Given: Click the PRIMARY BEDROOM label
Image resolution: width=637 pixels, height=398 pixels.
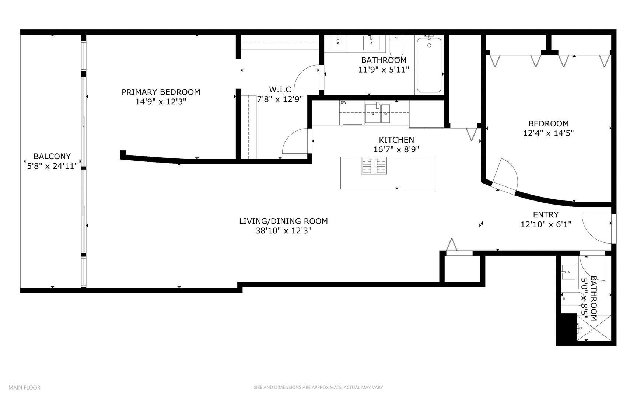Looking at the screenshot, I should click(x=161, y=92).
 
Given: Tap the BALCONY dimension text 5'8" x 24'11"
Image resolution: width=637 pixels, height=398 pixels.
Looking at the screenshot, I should click(x=52, y=166).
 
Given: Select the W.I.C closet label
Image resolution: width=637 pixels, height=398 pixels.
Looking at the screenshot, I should click(x=280, y=90).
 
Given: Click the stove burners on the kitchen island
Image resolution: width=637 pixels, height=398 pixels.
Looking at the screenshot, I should click(x=374, y=165).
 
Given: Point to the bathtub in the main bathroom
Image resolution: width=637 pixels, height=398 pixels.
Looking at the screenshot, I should click(x=429, y=65).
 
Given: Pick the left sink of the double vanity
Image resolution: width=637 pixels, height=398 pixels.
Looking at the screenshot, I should click(x=338, y=43).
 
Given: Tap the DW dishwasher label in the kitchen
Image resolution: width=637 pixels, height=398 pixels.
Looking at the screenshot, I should click(x=343, y=103).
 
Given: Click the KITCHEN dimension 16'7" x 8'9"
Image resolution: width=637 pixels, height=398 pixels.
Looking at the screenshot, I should click(x=396, y=149).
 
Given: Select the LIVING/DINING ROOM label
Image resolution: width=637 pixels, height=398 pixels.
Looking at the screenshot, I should click(x=283, y=221).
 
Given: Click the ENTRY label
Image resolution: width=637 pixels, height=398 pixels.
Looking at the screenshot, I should click(x=546, y=214).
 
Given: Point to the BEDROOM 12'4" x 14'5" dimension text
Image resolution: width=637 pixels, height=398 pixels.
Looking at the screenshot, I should click(x=548, y=133).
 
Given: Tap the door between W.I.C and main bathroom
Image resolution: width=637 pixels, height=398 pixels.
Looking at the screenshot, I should click(x=308, y=77).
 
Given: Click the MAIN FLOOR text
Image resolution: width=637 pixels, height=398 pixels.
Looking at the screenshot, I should click(x=24, y=387).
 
